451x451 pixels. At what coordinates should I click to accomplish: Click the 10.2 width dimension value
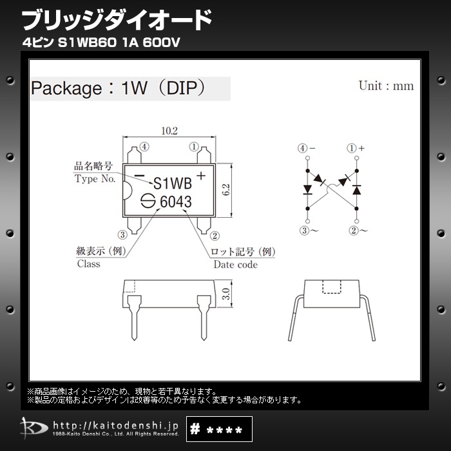(169, 131)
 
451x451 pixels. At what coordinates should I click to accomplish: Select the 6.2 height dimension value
(226, 190)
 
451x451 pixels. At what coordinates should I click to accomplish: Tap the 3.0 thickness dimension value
(226, 294)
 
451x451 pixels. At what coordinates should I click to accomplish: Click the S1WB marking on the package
(173, 183)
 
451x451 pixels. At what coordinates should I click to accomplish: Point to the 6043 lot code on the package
(176, 201)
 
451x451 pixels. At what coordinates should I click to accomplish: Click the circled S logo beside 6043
(148, 201)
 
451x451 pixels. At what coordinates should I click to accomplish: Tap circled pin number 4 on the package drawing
(144, 147)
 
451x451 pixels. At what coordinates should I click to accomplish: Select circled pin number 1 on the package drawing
(194, 147)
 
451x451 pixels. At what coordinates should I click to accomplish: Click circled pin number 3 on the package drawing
(122, 235)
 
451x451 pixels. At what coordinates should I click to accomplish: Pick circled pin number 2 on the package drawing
(215, 236)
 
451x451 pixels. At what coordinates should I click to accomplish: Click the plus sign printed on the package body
(201, 175)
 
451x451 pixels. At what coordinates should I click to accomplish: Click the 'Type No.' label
(95, 178)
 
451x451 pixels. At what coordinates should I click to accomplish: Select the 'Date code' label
(236, 264)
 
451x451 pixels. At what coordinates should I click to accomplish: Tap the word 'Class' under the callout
(89, 264)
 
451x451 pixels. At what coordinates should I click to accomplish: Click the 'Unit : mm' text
(387, 86)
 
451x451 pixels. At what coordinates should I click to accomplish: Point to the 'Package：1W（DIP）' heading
(119, 88)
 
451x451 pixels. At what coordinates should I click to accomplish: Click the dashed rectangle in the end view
(332, 287)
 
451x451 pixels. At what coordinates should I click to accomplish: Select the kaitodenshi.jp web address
(115, 426)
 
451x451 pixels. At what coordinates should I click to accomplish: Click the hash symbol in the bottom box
(195, 429)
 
